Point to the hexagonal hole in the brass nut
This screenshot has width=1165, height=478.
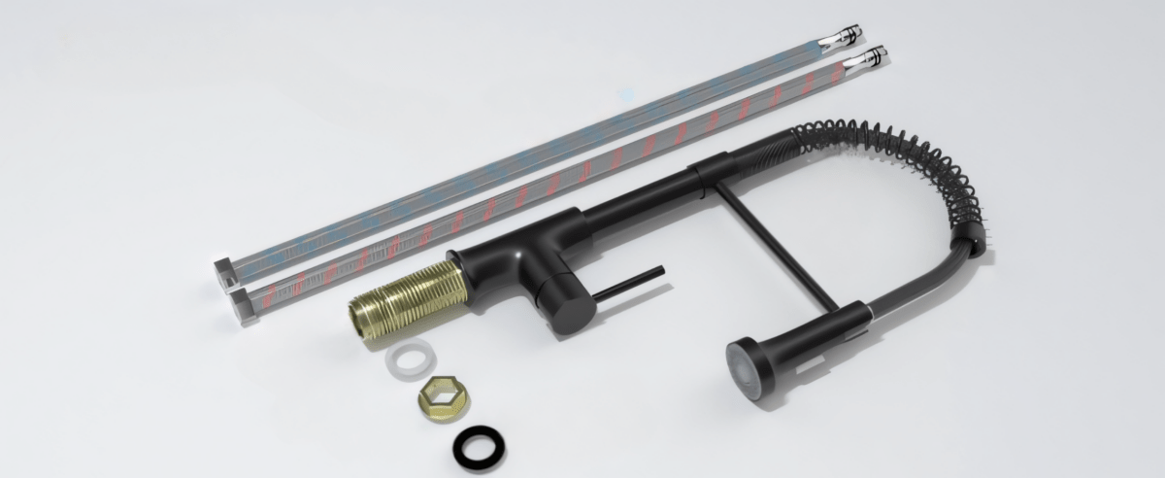(x=442, y=394)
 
